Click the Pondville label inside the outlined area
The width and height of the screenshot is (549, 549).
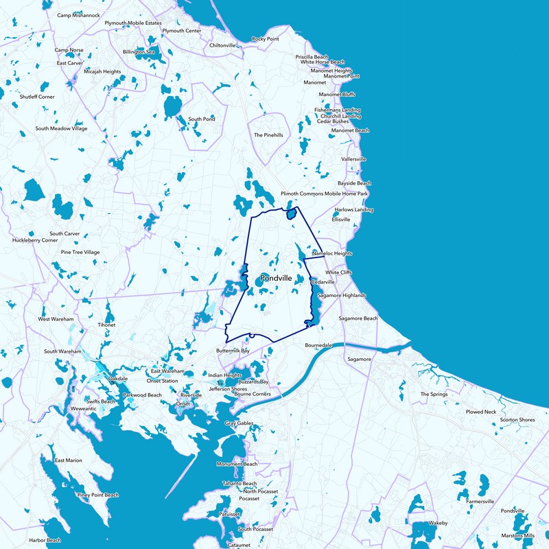point(277,278)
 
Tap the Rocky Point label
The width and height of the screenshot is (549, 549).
point(265,39)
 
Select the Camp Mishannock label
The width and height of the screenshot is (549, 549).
point(78,15)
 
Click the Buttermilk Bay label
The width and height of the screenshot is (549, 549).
point(233,351)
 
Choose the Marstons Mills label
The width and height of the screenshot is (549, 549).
point(518,535)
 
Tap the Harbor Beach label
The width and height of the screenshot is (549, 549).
point(45,540)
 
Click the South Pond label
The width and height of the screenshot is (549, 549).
point(202,119)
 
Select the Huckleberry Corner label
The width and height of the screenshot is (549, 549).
point(35,240)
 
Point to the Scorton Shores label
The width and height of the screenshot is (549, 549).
point(517,419)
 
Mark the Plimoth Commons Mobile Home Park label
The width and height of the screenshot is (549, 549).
point(325,194)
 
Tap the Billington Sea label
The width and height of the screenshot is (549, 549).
point(139,51)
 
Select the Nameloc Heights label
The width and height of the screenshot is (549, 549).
point(332,253)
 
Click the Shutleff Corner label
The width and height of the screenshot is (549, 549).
point(37,97)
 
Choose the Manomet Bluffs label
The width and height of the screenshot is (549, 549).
point(337,94)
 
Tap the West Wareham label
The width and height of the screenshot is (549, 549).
point(54,319)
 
